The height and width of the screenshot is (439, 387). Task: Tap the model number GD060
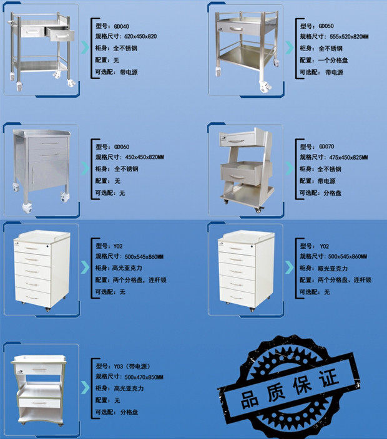pos(121,146)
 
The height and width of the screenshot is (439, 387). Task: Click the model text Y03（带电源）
pos(135,365)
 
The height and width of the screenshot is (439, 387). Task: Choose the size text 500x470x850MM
pos(144,377)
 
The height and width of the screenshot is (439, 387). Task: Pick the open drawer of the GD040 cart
pos(60,35)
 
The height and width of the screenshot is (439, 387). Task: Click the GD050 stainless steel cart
pos(245,47)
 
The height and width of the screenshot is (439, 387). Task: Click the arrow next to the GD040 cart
pos(84,48)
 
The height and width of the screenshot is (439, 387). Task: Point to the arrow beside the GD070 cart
pos(289,168)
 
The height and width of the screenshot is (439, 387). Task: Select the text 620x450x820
pos(135,37)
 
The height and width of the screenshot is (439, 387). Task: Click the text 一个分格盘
pos(333,60)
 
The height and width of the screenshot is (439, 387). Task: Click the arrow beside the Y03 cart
pos(84,387)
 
